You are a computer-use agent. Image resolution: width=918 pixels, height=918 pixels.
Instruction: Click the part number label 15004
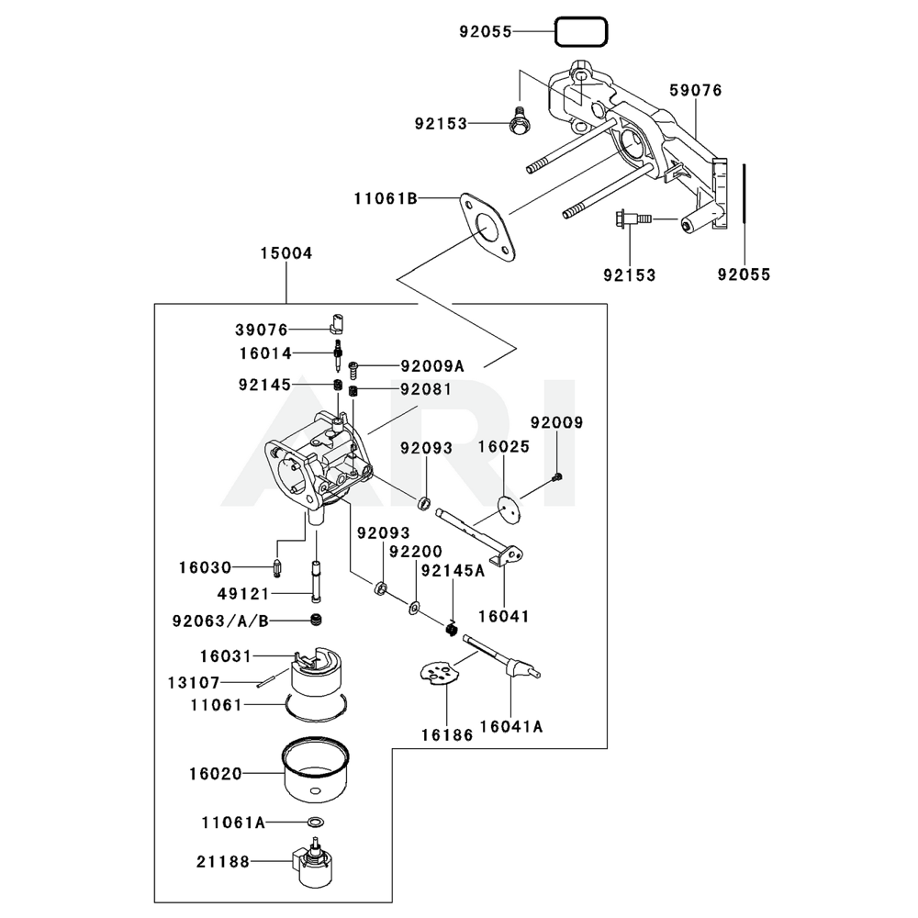click(286, 252)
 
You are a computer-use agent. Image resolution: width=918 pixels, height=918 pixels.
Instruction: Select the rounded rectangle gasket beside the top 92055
click(581, 32)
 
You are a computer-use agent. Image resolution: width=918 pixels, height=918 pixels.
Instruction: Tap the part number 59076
click(695, 90)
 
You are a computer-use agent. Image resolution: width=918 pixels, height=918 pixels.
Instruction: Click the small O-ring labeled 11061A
click(315, 822)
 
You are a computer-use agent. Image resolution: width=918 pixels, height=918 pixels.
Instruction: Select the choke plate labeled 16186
click(437, 672)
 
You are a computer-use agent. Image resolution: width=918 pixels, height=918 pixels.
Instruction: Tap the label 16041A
click(511, 726)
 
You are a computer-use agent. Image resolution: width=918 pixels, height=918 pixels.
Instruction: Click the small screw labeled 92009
click(558, 476)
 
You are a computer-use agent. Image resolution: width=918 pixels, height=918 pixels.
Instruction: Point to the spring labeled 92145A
click(452, 628)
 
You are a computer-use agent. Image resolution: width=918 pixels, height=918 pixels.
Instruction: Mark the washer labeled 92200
click(414, 607)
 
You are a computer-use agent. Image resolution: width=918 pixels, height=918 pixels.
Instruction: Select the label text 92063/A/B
click(220, 621)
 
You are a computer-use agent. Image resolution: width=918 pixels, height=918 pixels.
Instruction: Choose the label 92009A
click(431, 366)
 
